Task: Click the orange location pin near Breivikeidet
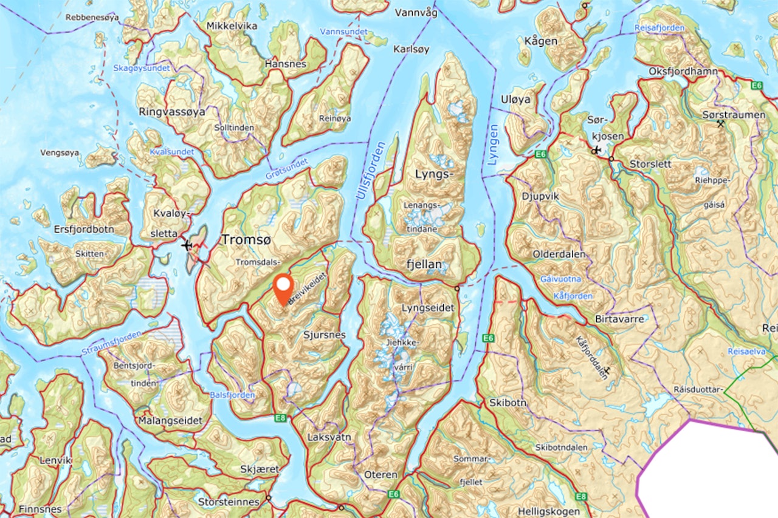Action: pyautogui.click(x=283, y=288)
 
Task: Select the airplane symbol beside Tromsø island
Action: pyautogui.click(x=187, y=245)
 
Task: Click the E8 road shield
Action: pyautogui.click(x=280, y=417)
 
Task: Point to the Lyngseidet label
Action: pyautogui.click(x=427, y=308)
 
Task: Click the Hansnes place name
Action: pyautogui.click(x=286, y=63)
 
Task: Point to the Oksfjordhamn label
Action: pyautogui.click(x=683, y=71)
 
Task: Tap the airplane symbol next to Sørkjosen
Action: pyautogui.click(x=595, y=150)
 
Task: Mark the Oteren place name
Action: pyautogui.click(x=380, y=474)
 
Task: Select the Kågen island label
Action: pyautogui.click(x=540, y=41)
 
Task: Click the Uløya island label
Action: pyautogui.click(x=515, y=99)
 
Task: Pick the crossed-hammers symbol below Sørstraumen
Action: pyautogui.click(x=721, y=124)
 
